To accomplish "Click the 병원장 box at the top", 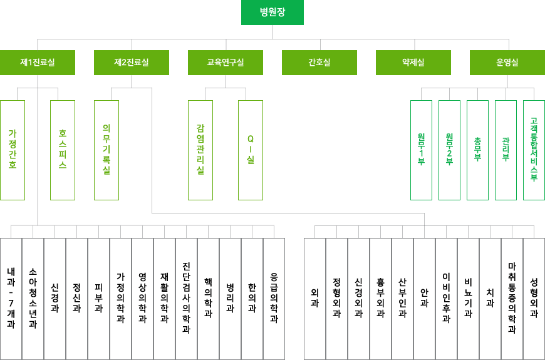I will (272, 13).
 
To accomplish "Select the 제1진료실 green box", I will (38, 63).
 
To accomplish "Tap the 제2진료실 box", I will (132, 63).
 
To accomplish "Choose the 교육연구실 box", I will (226, 63).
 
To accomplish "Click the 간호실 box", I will (319, 63).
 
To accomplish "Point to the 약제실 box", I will (413, 63).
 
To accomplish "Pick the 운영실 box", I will (507, 63).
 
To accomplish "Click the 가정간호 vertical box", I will (13, 150).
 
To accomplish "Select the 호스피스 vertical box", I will (63, 150).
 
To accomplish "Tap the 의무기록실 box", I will (106, 150).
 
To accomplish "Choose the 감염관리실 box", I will (200, 150).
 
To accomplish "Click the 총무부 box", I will (477, 150).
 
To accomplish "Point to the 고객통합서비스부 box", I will (534, 150).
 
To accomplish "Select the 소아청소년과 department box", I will (33, 299).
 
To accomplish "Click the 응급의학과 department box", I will (274, 299).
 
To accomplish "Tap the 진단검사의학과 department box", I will (186, 299).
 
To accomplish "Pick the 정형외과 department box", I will (336, 299).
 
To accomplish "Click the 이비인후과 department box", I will (446, 299).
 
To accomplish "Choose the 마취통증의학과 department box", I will (512, 299).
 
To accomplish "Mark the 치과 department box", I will (490, 299).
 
